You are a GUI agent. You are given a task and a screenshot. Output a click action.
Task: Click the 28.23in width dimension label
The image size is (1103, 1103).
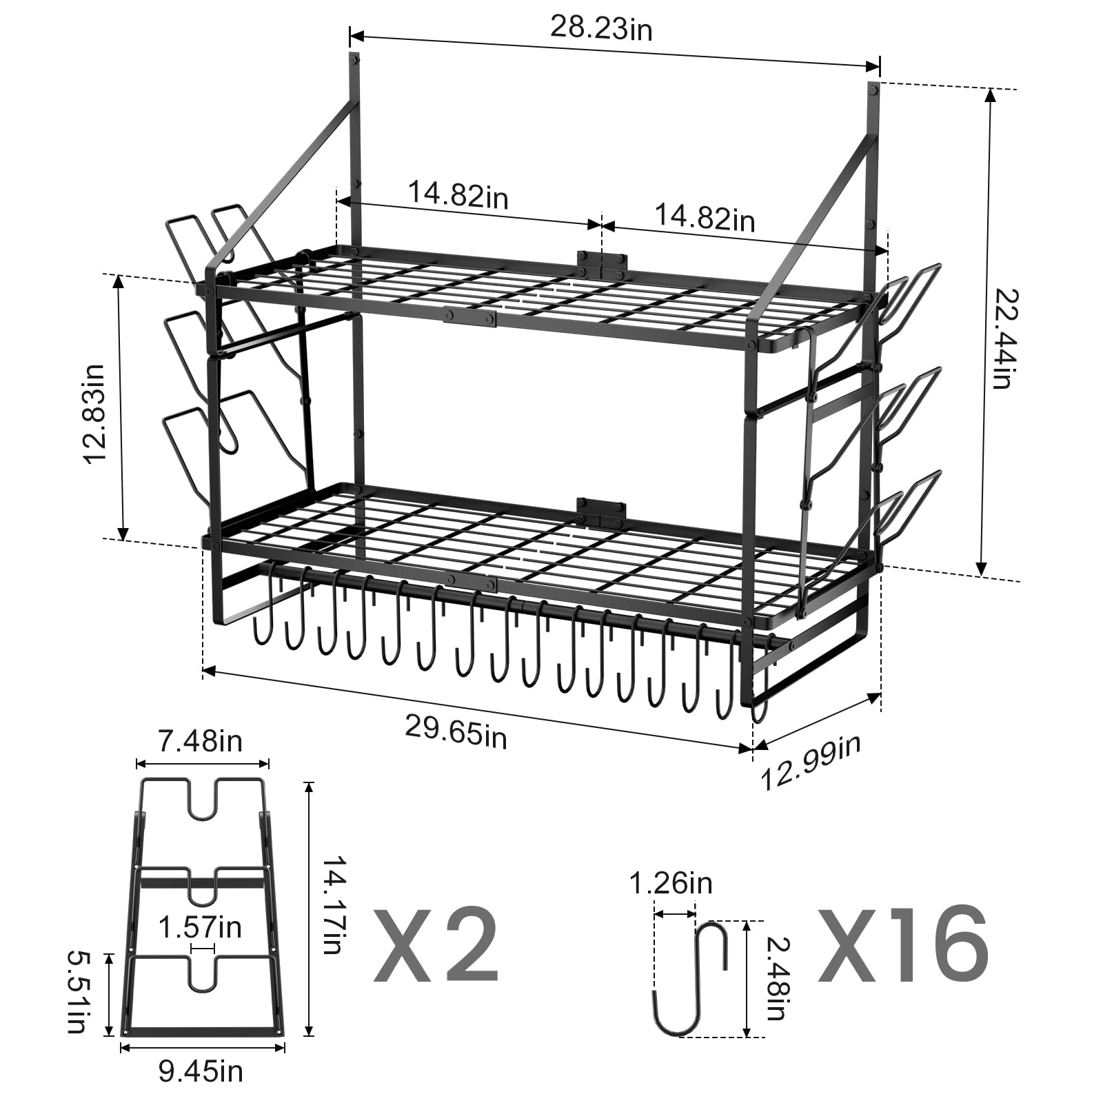(601, 28)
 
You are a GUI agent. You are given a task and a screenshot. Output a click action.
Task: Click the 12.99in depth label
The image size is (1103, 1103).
(811, 762)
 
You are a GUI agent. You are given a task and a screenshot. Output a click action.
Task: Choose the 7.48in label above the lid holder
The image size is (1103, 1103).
(201, 742)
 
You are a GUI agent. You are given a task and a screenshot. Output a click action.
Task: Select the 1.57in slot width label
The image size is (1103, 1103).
(200, 927)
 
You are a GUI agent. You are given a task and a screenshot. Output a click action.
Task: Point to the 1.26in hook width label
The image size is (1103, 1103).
(671, 883)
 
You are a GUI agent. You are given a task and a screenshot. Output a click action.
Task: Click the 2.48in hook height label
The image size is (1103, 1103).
(776, 979)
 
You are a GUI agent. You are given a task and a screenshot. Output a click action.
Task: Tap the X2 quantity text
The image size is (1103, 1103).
(436, 944)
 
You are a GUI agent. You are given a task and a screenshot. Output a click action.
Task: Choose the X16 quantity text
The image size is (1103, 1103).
(904, 944)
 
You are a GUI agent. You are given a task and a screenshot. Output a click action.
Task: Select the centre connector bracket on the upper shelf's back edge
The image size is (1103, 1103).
(603, 263)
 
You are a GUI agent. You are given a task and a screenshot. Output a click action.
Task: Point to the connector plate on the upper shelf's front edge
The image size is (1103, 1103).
(470, 316)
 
